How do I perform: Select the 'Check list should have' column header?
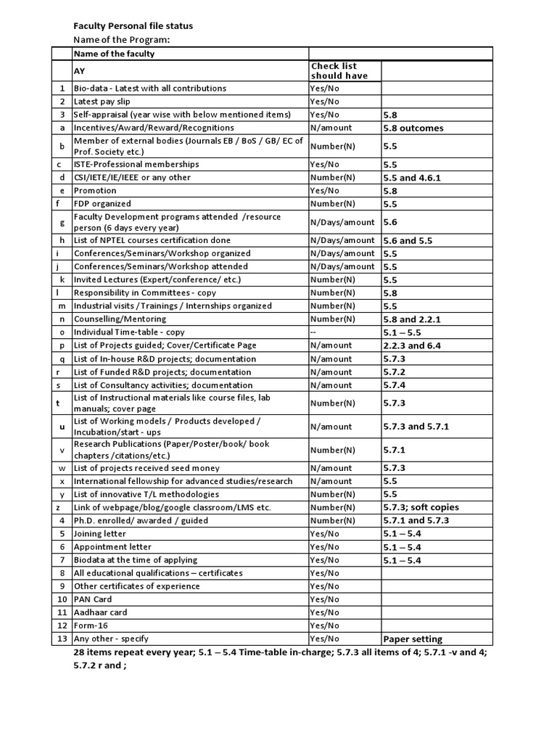coord(339,70)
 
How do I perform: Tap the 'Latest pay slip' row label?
coord(102,102)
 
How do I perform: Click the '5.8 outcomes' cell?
coord(413,128)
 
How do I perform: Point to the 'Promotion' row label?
coord(94,191)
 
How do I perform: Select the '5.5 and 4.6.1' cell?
coord(413,178)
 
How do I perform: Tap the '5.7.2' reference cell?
coord(394,372)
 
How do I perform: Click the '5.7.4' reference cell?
coord(394,385)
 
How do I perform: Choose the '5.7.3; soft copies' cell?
coord(421,507)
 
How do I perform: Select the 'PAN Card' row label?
coord(93,599)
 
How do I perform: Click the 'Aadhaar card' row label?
coord(100,612)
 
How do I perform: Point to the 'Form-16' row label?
coord(91,625)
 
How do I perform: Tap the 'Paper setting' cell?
coord(413,639)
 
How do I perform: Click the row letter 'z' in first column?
coord(62,507)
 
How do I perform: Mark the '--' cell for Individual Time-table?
coord(313,332)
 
